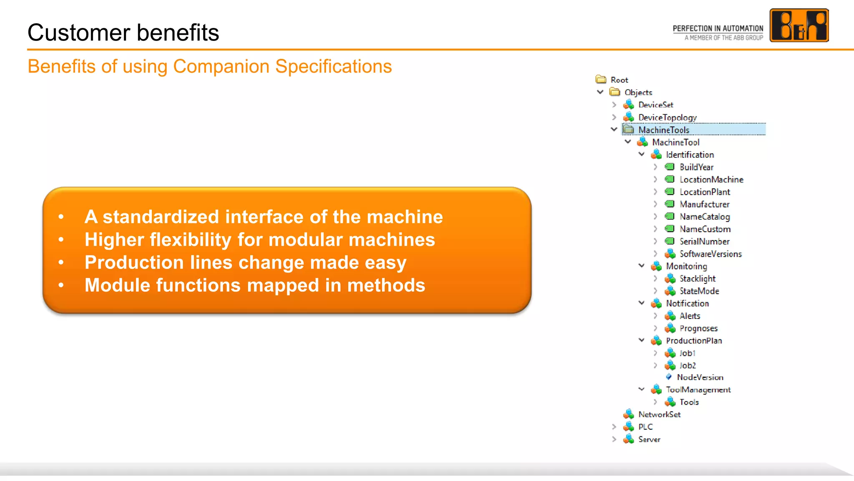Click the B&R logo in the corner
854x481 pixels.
click(799, 25)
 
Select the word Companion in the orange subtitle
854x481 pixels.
click(221, 66)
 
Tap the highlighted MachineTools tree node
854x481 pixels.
click(663, 130)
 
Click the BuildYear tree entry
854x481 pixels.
click(696, 167)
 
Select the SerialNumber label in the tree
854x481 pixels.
click(704, 241)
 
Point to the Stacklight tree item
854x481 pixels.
click(697, 278)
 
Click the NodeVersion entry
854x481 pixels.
click(700, 377)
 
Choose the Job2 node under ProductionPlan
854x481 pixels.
click(688, 365)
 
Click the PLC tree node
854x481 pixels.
click(645, 427)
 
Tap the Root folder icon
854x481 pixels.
click(601, 79)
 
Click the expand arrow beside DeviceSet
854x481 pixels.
click(614, 104)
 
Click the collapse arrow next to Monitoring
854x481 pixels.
click(641, 266)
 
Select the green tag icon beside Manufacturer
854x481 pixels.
click(670, 204)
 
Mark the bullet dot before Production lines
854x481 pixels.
click(61, 262)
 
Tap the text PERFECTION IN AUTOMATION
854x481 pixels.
click(718, 28)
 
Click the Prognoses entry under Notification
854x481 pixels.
click(698, 328)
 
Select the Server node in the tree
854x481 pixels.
click(649, 439)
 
